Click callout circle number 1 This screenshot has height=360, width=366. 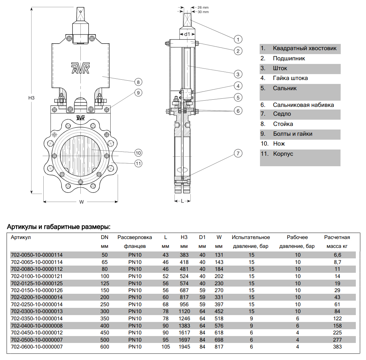(238, 39)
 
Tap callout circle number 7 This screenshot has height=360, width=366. (238, 153)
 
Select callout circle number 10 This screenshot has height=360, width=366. (138, 153)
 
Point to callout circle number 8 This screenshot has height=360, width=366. (138, 82)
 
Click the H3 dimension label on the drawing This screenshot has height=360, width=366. (31, 98)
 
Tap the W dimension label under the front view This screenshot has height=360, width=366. (81, 202)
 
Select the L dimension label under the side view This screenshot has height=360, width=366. (183, 201)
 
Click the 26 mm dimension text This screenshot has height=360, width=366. (203, 7)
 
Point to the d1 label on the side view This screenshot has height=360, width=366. (187, 34)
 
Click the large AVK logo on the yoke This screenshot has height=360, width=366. (80, 68)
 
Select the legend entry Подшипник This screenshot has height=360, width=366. (289, 58)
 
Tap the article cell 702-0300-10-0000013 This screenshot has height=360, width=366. (37, 311)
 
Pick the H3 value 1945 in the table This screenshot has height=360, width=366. (184, 347)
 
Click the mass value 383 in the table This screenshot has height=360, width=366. (337, 347)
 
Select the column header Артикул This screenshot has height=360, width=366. (21, 237)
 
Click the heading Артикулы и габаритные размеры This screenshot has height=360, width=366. (59, 227)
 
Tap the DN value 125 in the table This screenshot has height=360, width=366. (105, 283)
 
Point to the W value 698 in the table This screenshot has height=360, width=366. (219, 340)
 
